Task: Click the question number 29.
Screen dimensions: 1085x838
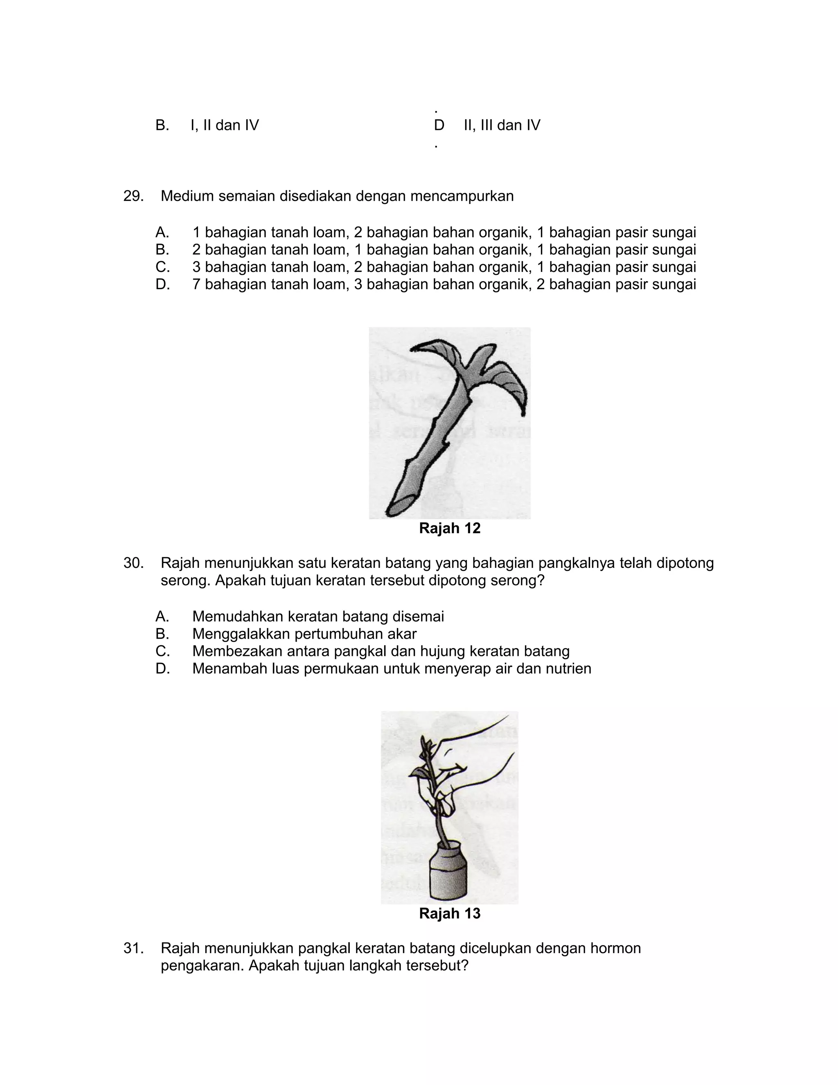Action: point(133,196)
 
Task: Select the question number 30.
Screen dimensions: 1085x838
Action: point(133,563)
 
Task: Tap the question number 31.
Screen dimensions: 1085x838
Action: point(133,948)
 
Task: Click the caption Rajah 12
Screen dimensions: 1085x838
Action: point(450,528)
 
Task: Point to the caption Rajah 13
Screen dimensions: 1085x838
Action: point(450,913)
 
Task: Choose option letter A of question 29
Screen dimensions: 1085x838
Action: point(162,232)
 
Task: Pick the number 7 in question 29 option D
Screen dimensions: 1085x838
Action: point(196,284)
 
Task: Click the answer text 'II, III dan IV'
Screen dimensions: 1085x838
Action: point(502,125)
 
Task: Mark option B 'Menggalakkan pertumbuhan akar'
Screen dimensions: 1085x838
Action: point(304,634)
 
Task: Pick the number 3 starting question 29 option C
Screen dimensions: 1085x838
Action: point(196,267)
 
